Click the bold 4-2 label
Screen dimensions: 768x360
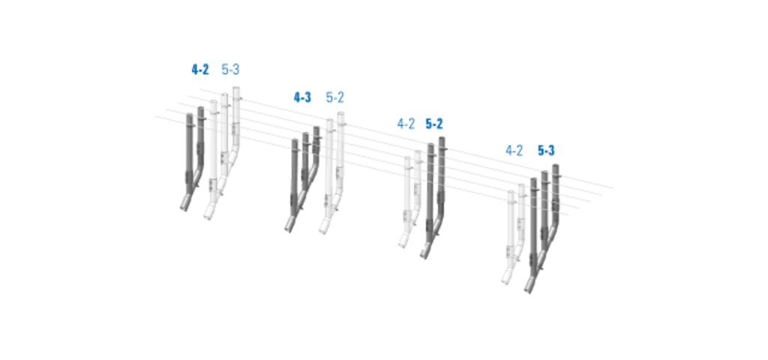(x=199, y=70)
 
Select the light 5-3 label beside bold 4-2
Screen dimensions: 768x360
(x=230, y=70)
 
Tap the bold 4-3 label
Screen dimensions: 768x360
(x=302, y=97)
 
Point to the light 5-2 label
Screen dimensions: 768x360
(x=335, y=97)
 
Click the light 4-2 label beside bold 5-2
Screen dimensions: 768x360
(x=406, y=124)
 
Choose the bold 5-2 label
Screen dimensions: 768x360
(x=434, y=124)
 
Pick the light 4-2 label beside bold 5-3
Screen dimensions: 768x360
(x=514, y=150)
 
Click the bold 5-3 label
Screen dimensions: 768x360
(x=546, y=150)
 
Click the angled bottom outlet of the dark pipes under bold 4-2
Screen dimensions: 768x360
(x=184, y=205)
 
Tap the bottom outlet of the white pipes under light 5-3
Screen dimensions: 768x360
(x=208, y=214)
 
